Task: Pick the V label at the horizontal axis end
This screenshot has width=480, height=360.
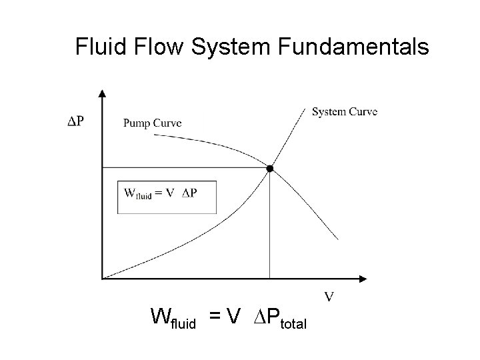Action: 329,295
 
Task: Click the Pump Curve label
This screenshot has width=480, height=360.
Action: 152,123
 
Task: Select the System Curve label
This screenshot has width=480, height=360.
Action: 344,111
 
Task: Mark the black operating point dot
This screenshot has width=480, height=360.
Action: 269,169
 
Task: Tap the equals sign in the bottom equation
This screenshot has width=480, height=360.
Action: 215,315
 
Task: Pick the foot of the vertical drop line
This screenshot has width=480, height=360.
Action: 269,277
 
